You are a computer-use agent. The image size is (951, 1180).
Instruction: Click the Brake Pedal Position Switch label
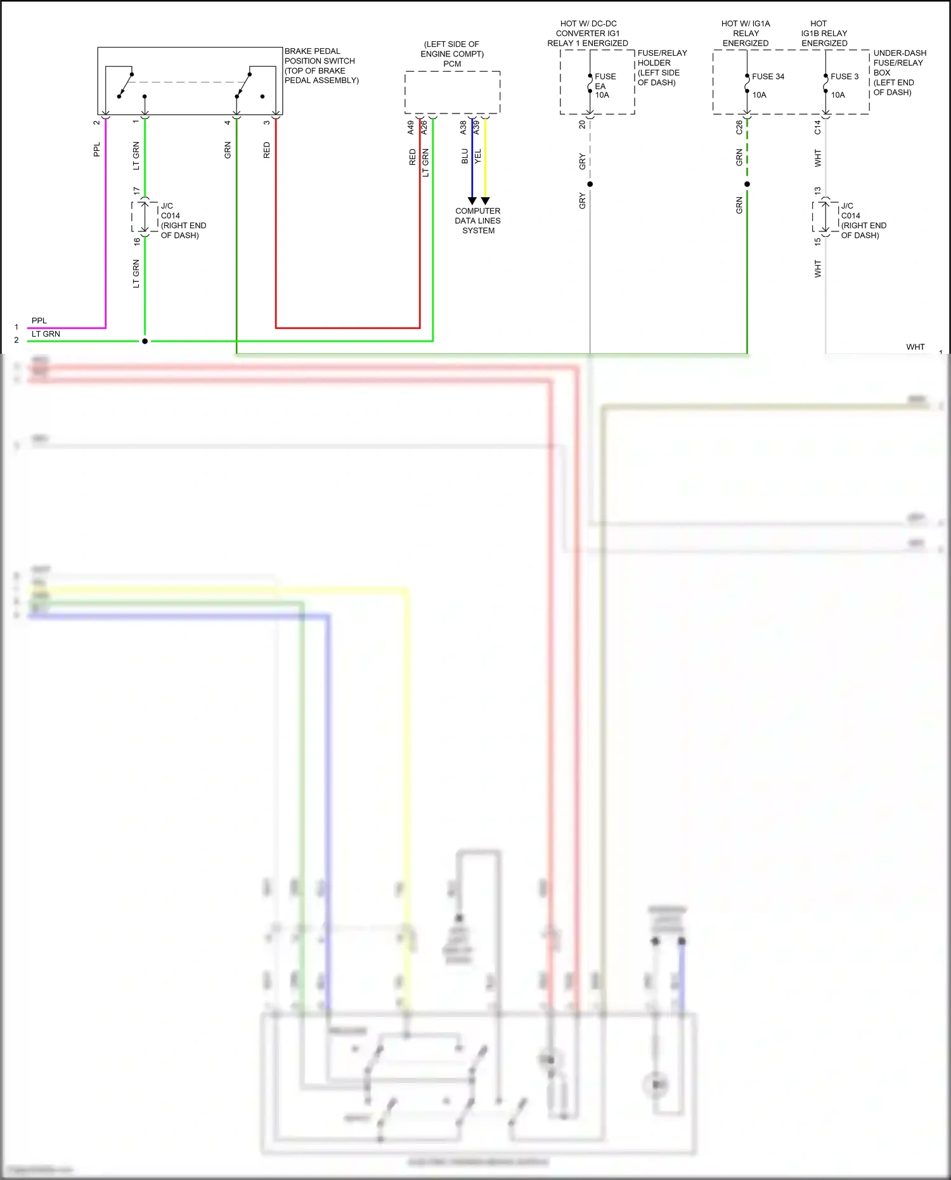point(321,65)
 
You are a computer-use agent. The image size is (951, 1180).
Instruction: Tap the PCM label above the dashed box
point(452,64)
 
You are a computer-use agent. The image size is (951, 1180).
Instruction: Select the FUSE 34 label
point(768,77)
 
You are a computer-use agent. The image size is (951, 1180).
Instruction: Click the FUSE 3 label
point(844,77)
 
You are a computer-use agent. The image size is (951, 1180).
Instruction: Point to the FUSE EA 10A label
point(604,86)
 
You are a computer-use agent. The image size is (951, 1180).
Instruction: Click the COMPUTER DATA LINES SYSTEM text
point(478,221)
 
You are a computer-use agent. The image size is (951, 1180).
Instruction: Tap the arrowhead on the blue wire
point(472,201)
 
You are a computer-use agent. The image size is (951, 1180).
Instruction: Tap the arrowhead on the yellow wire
point(485,201)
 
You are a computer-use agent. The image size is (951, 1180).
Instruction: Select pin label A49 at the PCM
point(411,127)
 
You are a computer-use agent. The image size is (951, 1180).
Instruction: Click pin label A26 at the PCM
point(424,127)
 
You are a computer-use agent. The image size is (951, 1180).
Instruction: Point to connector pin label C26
point(739,127)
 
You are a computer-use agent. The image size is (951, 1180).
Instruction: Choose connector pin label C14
point(818,127)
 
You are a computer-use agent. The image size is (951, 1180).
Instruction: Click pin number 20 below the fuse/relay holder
point(582,125)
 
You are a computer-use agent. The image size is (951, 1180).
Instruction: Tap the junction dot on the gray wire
point(590,185)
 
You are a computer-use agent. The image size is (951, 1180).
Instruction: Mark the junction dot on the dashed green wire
point(747,185)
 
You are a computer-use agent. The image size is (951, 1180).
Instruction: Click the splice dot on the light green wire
point(145,341)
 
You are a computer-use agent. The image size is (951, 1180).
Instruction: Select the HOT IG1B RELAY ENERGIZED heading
point(824,34)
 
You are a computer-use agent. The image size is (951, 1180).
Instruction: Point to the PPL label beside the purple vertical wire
point(97,150)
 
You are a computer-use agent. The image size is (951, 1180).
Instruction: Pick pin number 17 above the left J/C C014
point(136,191)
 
